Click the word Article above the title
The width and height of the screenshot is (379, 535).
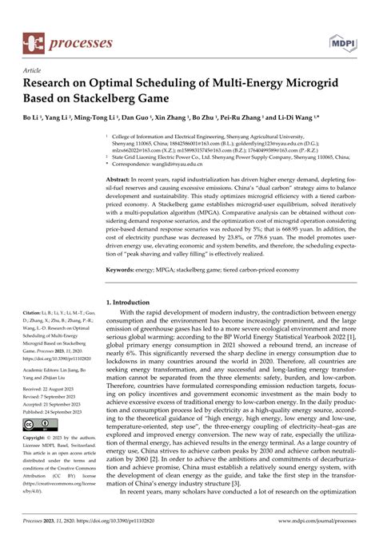[x=34, y=70]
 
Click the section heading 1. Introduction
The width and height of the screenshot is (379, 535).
[x=133, y=303]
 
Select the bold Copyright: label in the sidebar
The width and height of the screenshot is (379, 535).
[x=37, y=439]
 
